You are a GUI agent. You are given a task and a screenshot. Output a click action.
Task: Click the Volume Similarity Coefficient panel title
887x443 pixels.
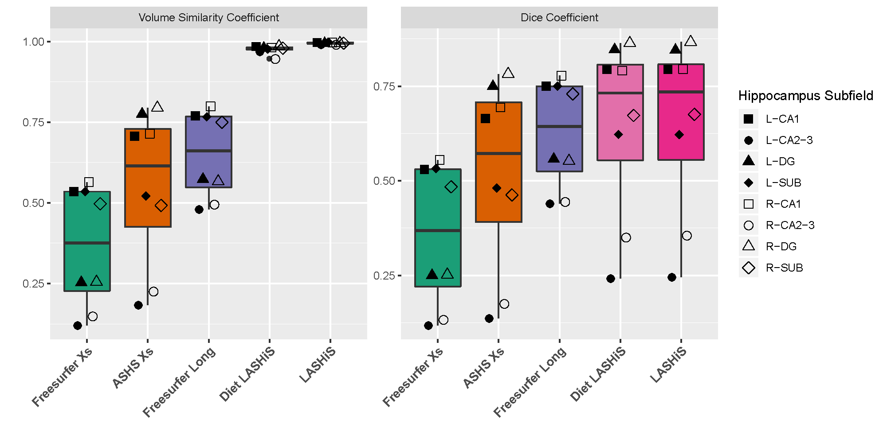pos(208,18)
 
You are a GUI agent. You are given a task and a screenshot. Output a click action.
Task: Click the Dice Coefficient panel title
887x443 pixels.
pos(559,18)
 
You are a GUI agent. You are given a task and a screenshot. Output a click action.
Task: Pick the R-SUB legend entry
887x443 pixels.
pos(784,268)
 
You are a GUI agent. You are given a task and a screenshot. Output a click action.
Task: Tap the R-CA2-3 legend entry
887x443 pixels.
pos(790,225)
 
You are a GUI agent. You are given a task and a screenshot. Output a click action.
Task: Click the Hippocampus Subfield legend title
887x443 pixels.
pos(805,96)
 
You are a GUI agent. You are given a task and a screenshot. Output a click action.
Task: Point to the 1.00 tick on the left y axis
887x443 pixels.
pos(34,42)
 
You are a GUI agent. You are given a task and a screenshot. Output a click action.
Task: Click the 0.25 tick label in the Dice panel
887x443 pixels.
pos(384,276)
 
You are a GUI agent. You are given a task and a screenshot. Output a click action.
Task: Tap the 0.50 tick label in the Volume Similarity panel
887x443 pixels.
pos(34,203)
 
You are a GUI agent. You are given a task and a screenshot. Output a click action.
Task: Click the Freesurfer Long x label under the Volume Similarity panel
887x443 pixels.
pos(180,382)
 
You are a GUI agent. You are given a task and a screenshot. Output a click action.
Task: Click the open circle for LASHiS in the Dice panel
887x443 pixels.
pos(687,236)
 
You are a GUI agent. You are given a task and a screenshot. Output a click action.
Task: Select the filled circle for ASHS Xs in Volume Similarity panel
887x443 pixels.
pos(138,305)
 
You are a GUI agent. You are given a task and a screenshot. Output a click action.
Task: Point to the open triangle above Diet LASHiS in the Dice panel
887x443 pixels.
pos(630,42)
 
